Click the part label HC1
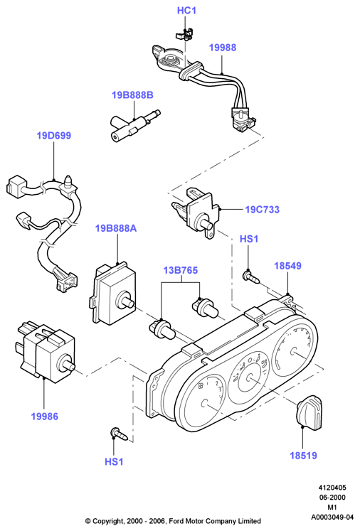pyautogui.click(x=186, y=11)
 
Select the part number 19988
pyautogui.click(x=223, y=48)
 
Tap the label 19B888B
pyautogui.click(x=132, y=95)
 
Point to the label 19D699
pyautogui.click(x=54, y=136)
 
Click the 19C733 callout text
pyautogui.click(x=263, y=209)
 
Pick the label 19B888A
pyautogui.click(x=116, y=228)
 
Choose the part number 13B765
pyautogui.click(x=181, y=270)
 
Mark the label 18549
pyautogui.click(x=287, y=266)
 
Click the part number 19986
pyautogui.click(x=45, y=416)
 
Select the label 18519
pyautogui.click(x=303, y=455)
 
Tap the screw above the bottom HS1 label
pyautogui.click(x=120, y=434)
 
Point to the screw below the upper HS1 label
pyautogui.click(x=251, y=277)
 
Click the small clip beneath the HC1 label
pyautogui.click(x=184, y=34)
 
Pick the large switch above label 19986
pyautogui.click(x=46, y=352)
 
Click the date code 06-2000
pyautogui.click(x=332, y=497)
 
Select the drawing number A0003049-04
pyautogui.click(x=332, y=517)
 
